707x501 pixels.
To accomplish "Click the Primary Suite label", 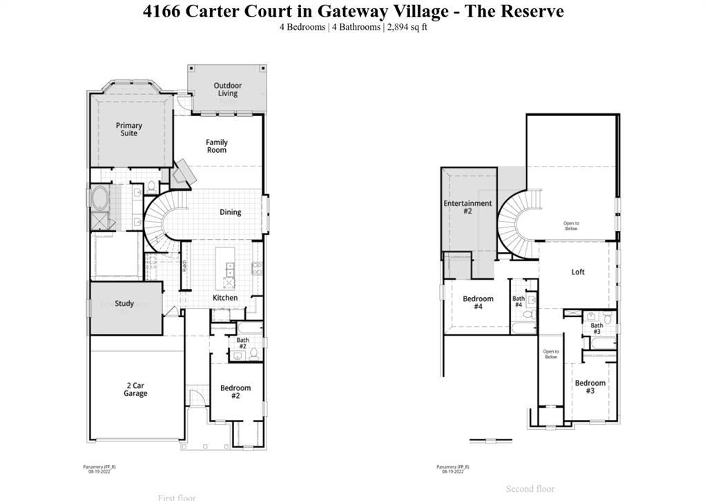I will point(129,129).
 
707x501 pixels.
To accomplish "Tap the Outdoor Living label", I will point(227,90).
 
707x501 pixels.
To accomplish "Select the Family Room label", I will point(217,146).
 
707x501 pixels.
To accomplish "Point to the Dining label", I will point(231,212).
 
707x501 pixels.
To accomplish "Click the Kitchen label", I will point(225,298).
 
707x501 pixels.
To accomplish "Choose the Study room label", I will point(124,303).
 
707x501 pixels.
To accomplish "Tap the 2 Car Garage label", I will point(135,389).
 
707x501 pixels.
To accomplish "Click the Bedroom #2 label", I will point(235,392).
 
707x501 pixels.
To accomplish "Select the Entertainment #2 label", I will point(467,207).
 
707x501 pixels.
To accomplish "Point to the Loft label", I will point(578,272).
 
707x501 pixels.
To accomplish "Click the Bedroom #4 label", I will point(478,303).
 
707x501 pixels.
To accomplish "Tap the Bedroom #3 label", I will point(590,386).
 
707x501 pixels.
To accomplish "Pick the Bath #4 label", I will point(519,302).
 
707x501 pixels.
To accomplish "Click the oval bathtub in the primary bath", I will point(98,199).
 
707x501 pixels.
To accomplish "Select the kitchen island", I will point(226,267).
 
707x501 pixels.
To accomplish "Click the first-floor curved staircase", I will point(160,220).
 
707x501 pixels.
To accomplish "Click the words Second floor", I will point(530,489).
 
